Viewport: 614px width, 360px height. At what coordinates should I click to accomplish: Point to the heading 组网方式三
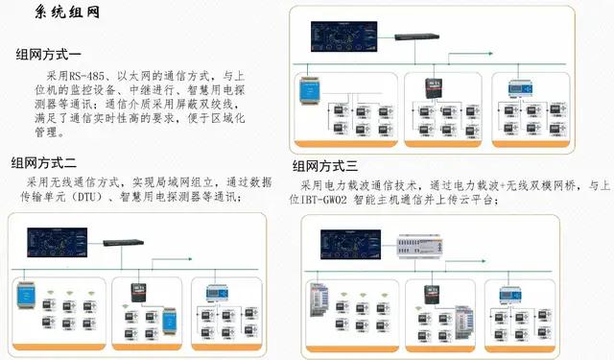[332, 164]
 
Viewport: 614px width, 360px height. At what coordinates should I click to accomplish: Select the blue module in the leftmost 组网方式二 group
[26, 299]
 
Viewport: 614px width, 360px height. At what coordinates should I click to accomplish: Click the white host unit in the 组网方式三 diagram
[421, 249]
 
